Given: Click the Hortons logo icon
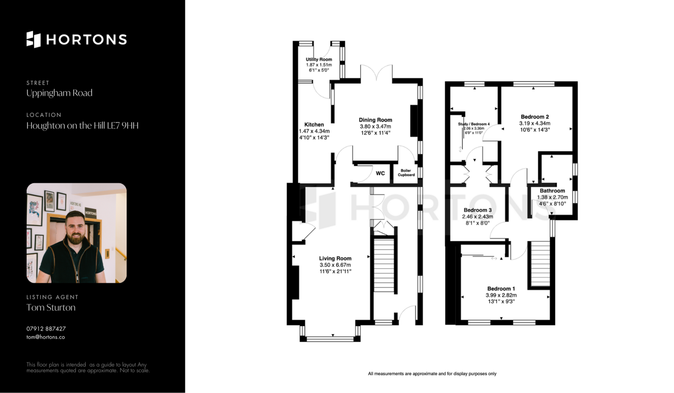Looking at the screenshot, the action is (x=34, y=39).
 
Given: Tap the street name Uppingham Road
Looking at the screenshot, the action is (x=59, y=93).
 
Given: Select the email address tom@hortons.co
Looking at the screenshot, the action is (x=46, y=337).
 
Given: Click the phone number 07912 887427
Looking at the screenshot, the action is (x=46, y=329).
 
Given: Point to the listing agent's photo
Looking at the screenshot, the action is (x=77, y=233).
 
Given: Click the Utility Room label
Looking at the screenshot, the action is (x=319, y=59).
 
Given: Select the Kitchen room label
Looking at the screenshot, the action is (x=314, y=124).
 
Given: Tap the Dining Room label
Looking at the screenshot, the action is (x=375, y=120).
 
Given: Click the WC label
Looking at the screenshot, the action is (x=380, y=173).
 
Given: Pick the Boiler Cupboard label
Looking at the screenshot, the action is (x=406, y=172).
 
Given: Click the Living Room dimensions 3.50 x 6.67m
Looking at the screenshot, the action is (x=335, y=265).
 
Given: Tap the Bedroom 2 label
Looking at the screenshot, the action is (x=535, y=117).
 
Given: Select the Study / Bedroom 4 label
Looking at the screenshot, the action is (x=474, y=124).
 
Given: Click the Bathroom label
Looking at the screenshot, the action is (x=552, y=191).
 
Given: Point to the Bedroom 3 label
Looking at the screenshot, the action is (x=477, y=210).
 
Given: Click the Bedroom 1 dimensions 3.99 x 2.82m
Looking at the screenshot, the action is (x=501, y=295).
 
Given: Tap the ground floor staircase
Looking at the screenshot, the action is (x=384, y=265).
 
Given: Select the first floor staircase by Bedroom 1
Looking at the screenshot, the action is (x=540, y=264).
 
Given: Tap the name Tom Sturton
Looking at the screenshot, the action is (x=51, y=308).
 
